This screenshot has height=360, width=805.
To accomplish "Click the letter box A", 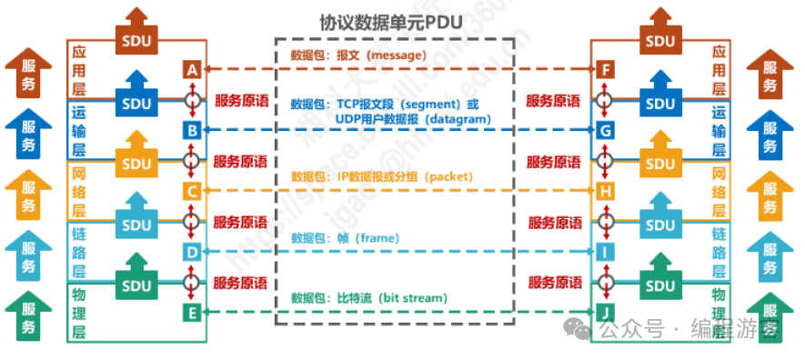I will [191, 69].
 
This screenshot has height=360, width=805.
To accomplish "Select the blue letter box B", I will [191, 131].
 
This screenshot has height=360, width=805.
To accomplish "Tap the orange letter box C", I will [191, 191].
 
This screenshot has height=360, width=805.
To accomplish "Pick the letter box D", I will [191, 252].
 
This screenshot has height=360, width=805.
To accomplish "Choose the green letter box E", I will [191, 313].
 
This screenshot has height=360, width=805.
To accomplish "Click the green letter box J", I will [605, 313].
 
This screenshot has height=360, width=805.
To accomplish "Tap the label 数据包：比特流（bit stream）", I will [368, 297].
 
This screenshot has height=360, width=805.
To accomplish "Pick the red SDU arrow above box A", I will [136, 31].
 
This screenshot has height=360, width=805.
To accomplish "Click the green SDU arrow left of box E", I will [136, 277].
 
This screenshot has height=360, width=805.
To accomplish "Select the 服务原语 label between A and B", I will [241, 101].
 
